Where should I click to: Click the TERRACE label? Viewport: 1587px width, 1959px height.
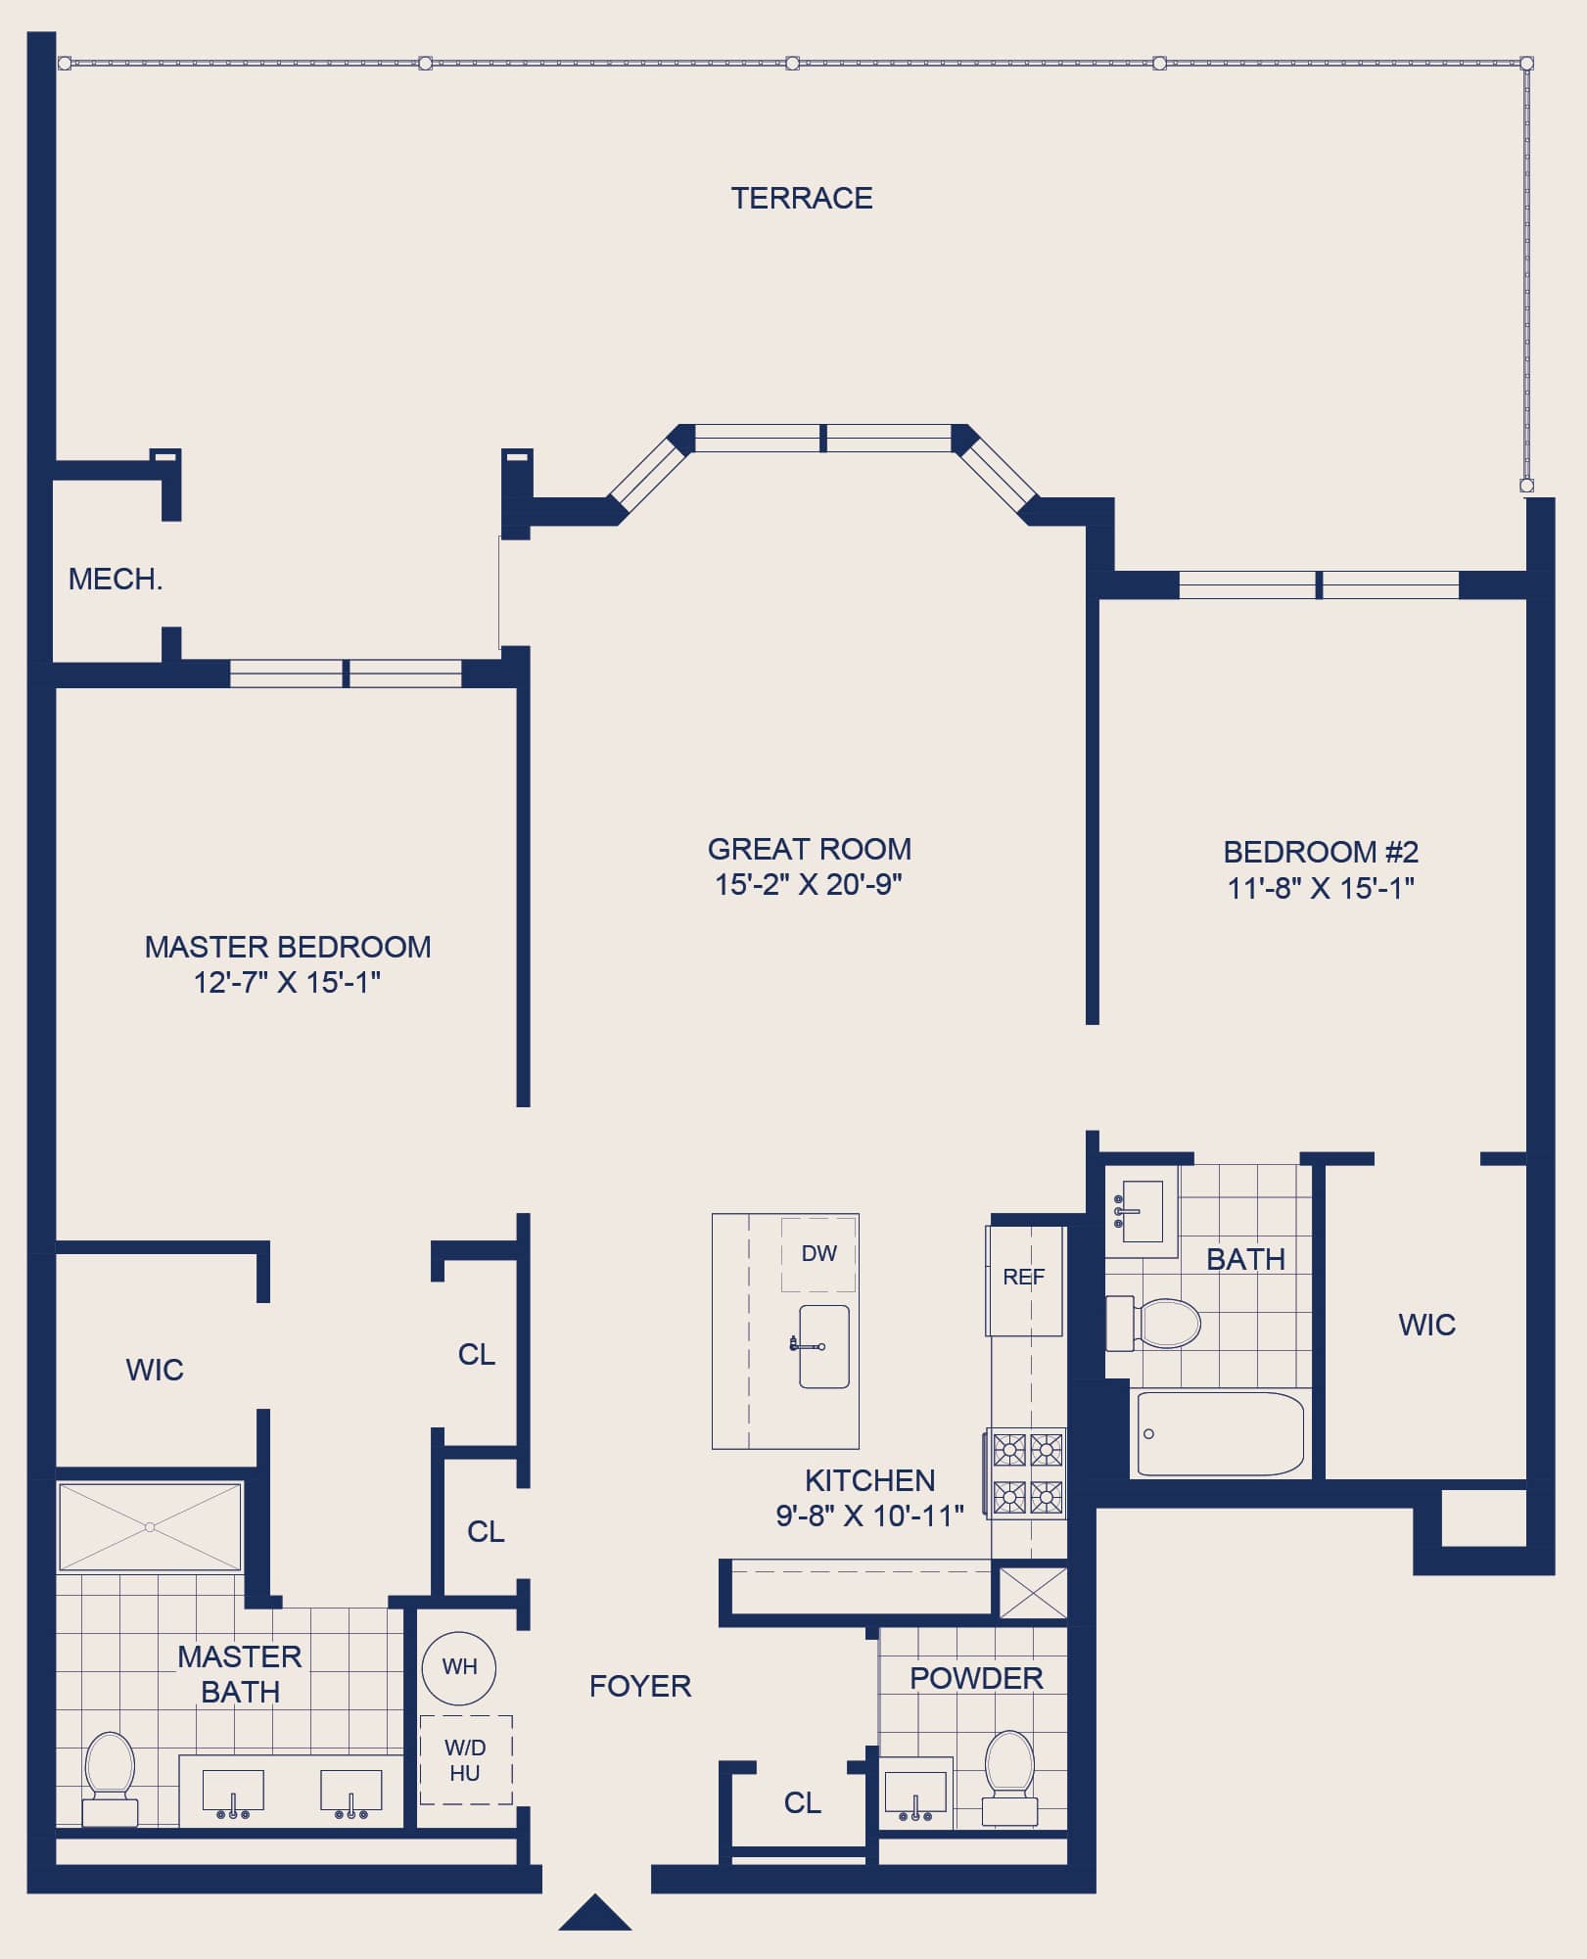[802, 199]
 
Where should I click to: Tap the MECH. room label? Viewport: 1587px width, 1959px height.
[116, 580]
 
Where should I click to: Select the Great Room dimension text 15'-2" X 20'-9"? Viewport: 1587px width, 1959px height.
[809, 885]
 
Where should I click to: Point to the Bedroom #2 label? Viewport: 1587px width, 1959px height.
[1321, 852]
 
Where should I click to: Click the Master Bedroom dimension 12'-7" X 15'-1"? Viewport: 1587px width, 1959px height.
[287, 982]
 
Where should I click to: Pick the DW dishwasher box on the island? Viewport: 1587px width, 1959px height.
[818, 1254]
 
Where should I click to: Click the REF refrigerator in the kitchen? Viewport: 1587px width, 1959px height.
[1024, 1281]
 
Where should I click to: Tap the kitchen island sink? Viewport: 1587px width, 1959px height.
[823, 1346]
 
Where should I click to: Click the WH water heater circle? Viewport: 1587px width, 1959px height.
[459, 1668]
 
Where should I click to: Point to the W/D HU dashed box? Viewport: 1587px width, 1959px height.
[466, 1760]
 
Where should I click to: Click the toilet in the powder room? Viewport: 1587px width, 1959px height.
[1009, 1778]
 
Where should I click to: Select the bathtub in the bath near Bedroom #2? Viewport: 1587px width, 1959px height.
[1220, 1434]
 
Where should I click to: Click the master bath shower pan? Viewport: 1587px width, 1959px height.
[150, 1527]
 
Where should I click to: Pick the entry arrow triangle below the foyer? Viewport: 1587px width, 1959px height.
[595, 1914]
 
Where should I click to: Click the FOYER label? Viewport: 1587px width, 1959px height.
[640, 1686]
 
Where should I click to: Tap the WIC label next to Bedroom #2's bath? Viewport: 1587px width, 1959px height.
[1426, 1325]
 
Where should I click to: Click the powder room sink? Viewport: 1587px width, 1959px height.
[916, 1793]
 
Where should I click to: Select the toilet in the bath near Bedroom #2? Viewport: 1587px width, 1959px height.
[1153, 1324]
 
